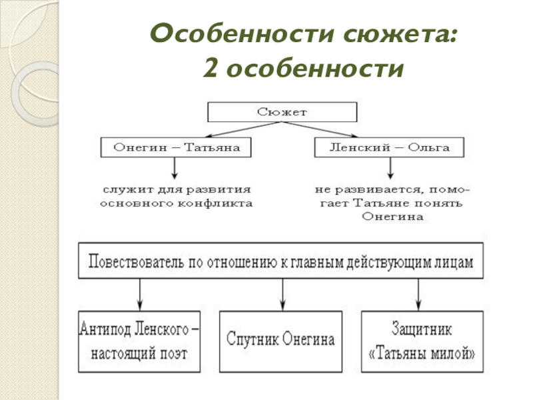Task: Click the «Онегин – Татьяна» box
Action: (x=175, y=147)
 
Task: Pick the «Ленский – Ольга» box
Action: (x=389, y=147)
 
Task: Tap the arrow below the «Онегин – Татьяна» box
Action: (x=175, y=167)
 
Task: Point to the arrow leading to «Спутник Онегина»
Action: (x=283, y=293)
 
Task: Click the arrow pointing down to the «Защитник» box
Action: (x=418, y=293)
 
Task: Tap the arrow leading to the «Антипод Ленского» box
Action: (x=139, y=293)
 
